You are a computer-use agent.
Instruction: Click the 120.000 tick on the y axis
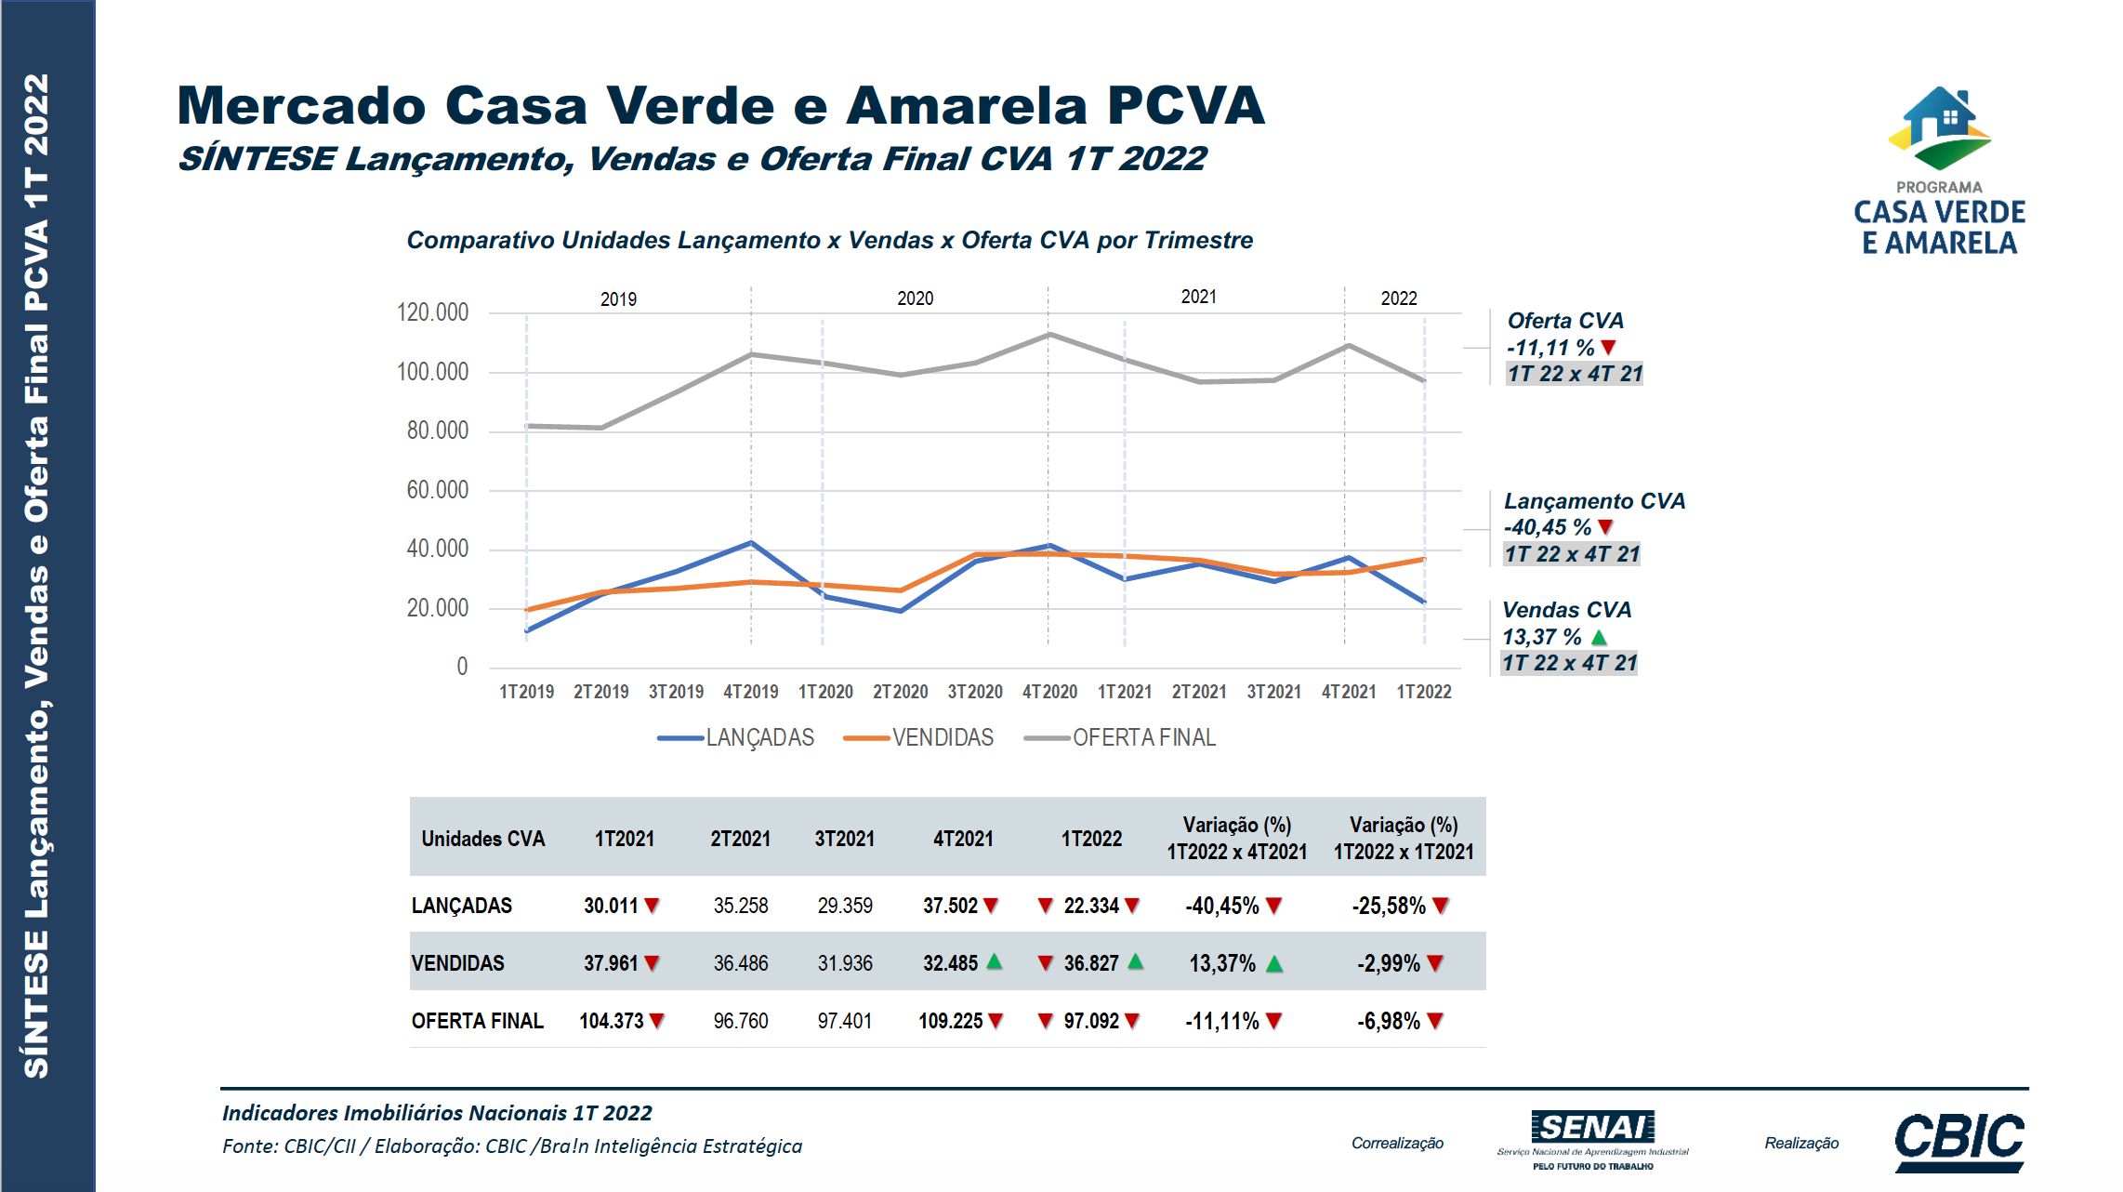click(432, 312)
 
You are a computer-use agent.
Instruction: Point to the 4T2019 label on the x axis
click(751, 692)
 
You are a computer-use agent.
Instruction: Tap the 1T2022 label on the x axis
click(1423, 692)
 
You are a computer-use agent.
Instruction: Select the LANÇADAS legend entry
click(736, 738)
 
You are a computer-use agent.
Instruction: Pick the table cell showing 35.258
click(741, 906)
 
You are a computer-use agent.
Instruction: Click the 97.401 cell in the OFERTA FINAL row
click(845, 1021)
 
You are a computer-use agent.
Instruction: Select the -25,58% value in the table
click(1389, 906)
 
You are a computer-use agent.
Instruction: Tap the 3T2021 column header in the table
click(845, 839)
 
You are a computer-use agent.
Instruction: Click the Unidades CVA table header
click(483, 839)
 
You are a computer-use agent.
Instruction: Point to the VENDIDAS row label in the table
click(458, 963)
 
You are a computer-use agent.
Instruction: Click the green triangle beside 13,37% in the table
click(1274, 964)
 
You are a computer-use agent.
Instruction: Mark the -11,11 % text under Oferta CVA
click(1550, 348)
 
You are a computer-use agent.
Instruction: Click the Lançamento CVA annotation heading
click(1594, 501)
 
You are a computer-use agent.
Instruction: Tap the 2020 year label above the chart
click(915, 298)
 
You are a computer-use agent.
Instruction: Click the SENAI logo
click(1592, 1138)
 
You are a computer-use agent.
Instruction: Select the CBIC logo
click(1959, 1141)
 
